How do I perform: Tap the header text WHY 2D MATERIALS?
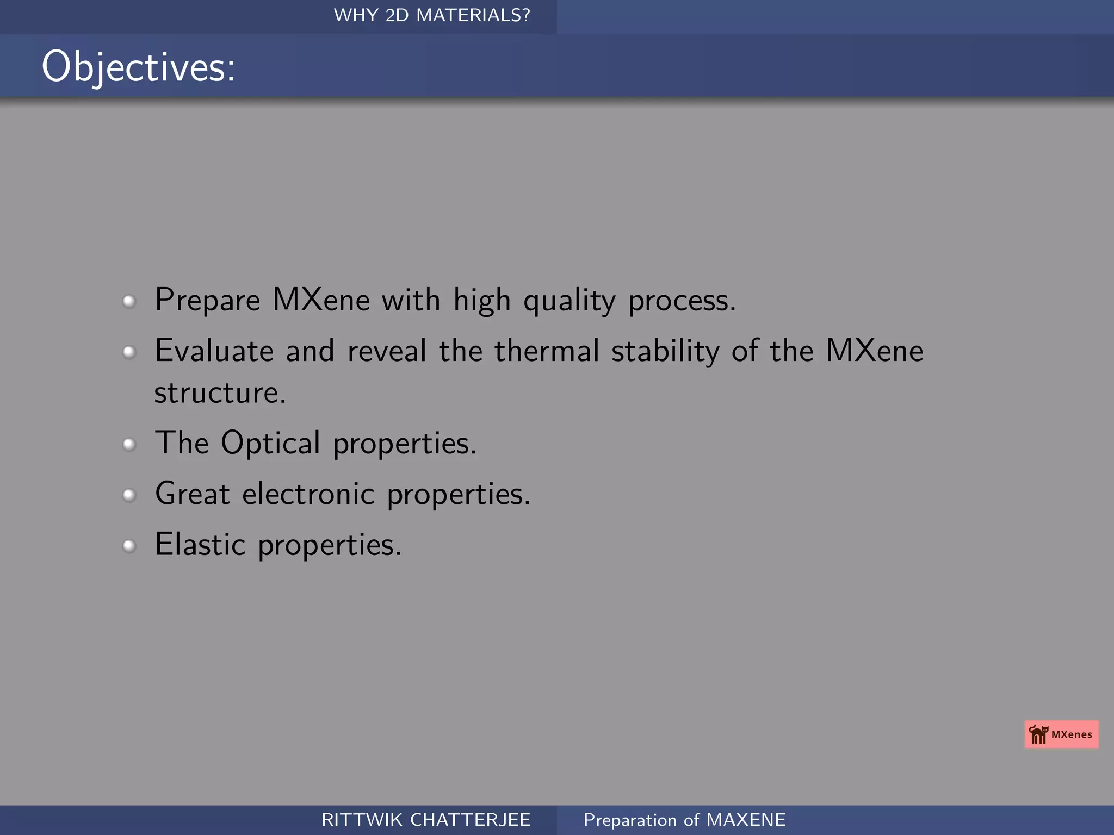(432, 15)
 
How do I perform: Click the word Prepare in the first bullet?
(208, 300)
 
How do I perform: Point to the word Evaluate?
(214, 351)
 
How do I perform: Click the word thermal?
(547, 351)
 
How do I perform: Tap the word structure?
(219, 392)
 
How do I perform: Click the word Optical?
(270, 444)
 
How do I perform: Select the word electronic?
(308, 494)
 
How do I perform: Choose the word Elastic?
(200, 544)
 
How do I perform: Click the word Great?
(193, 494)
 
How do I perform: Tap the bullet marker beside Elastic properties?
(129, 546)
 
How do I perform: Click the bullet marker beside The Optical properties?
(129, 445)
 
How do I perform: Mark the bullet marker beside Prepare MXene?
(129, 301)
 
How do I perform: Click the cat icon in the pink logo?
(1038, 734)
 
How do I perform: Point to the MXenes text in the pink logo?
(1072, 734)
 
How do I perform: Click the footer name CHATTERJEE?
(470, 820)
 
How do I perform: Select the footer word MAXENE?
(746, 820)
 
